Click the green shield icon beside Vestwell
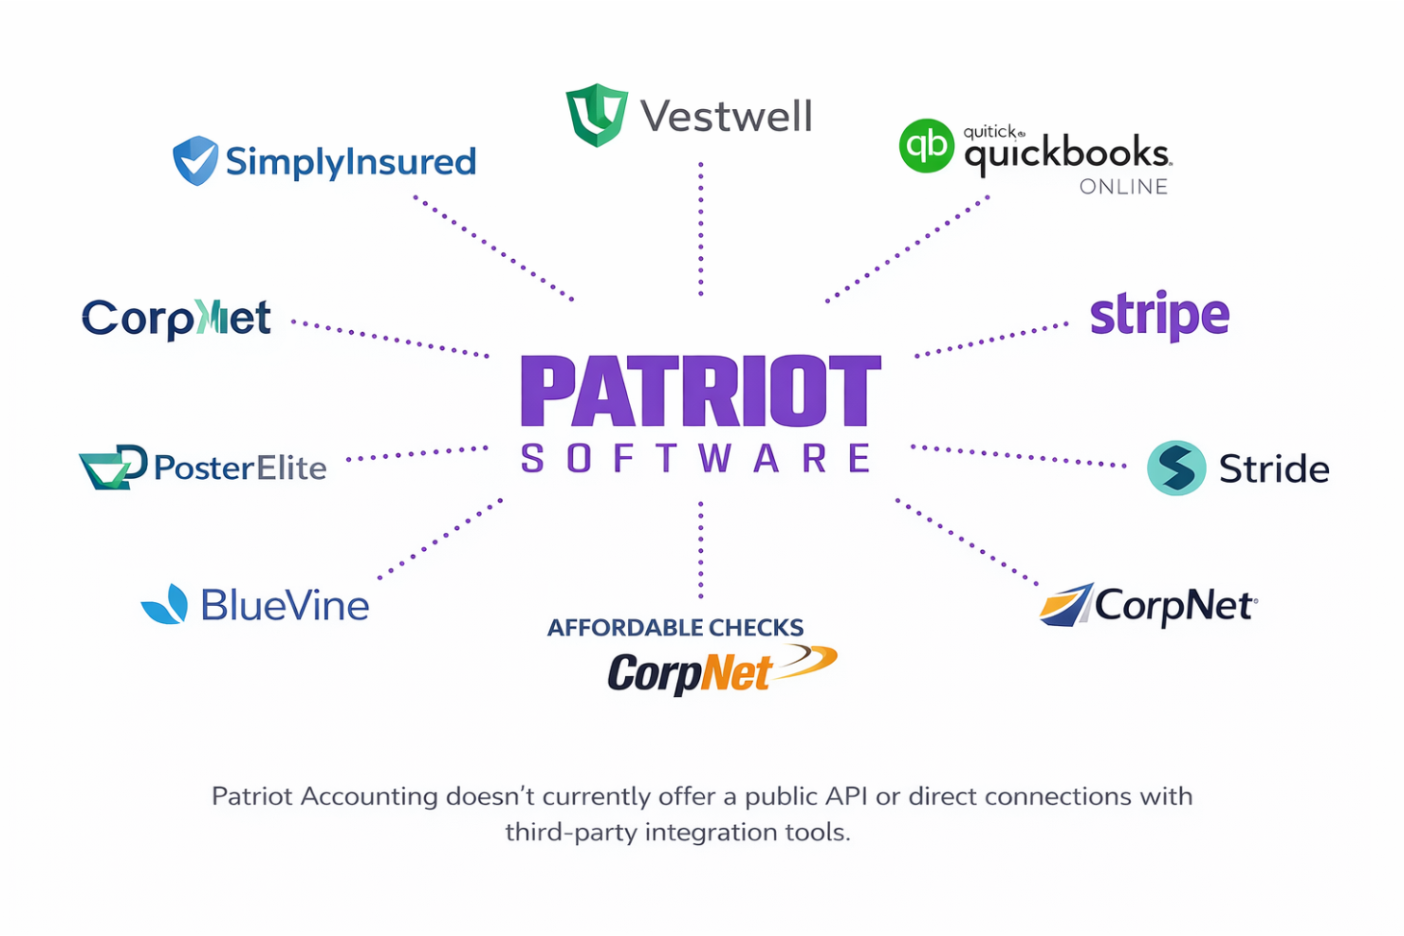596,115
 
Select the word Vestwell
726,117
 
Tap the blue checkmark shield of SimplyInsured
195,160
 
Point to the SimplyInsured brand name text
350,162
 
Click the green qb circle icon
926,145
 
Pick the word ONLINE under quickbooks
1123,187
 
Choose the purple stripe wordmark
1158,316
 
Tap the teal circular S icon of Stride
1176,468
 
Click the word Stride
1274,468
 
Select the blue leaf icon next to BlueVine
165,604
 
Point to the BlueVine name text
285,605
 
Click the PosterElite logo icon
113,467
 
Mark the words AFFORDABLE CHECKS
674,628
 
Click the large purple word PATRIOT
700,391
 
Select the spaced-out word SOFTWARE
696,459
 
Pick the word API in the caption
846,796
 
